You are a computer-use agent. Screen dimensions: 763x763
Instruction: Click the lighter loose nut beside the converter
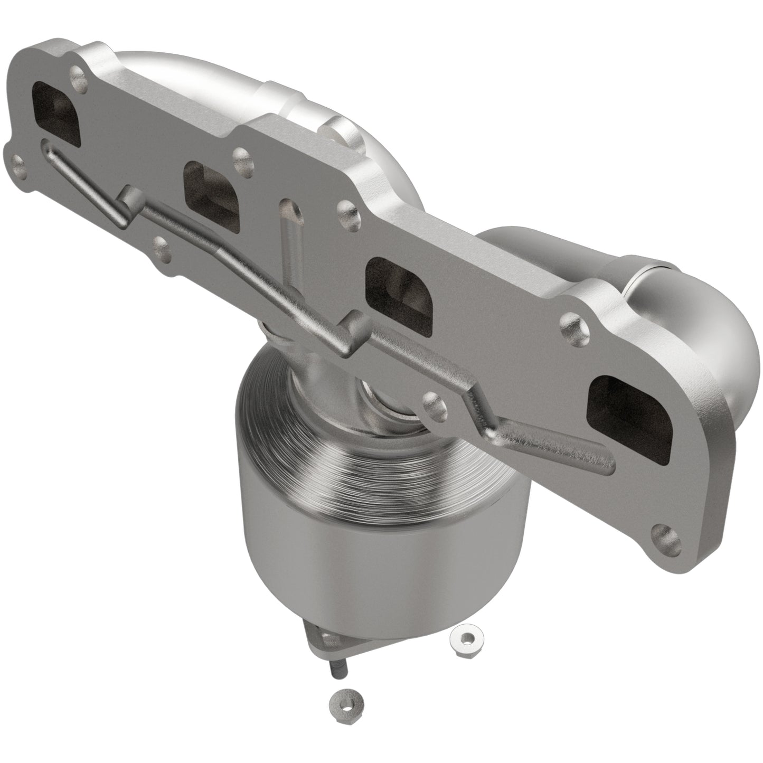pyautogui.click(x=463, y=640)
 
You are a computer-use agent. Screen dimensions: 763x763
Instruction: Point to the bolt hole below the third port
pyautogui.click(x=436, y=404)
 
